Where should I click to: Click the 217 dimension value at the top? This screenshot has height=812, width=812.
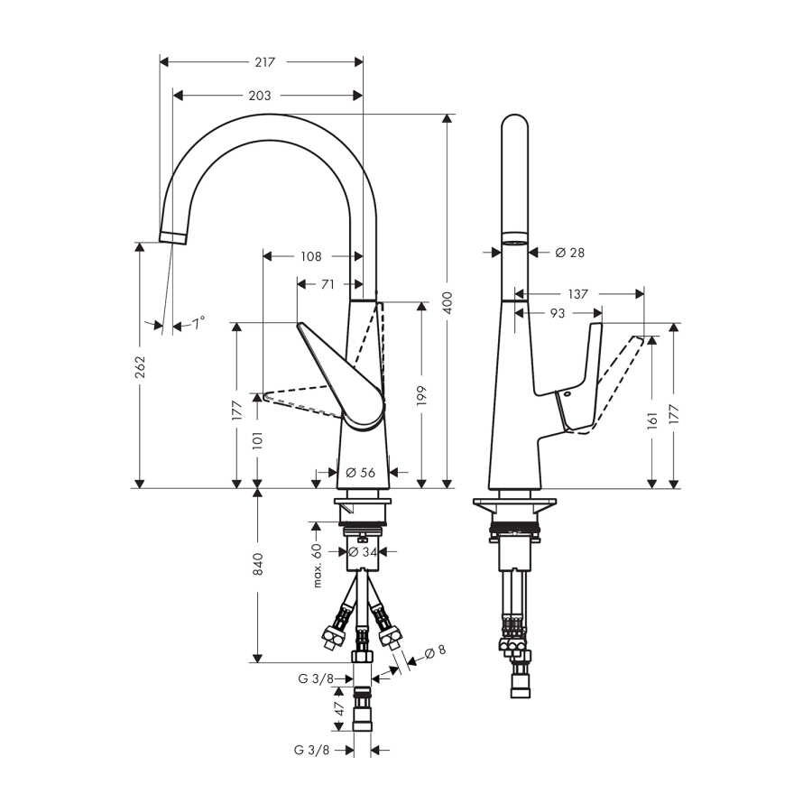click(x=264, y=62)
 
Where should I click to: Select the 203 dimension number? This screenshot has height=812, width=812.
click(x=260, y=96)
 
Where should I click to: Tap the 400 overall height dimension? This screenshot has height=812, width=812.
click(x=448, y=302)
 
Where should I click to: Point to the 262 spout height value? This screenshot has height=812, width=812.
click(x=141, y=366)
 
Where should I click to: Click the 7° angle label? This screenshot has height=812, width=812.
click(x=198, y=324)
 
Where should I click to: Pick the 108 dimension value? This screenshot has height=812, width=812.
click(x=311, y=256)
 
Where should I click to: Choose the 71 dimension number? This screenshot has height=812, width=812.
click(x=328, y=284)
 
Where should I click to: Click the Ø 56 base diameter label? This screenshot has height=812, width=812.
click(x=360, y=472)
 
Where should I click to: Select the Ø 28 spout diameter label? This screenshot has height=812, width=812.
click(x=569, y=253)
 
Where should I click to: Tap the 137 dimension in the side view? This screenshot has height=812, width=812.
click(x=578, y=294)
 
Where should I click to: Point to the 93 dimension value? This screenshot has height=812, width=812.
click(x=558, y=313)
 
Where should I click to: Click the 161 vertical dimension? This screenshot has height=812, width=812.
click(x=652, y=420)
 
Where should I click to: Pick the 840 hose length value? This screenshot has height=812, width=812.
click(x=258, y=564)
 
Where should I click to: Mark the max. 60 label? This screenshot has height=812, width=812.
click(x=318, y=566)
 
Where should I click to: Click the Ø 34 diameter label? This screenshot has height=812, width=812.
click(x=363, y=552)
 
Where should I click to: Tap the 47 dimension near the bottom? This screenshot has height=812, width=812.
click(x=339, y=708)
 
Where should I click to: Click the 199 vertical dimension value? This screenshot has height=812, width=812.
click(x=421, y=396)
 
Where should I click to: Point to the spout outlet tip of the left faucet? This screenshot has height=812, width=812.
click(x=172, y=237)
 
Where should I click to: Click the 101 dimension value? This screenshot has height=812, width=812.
click(x=258, y=440)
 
